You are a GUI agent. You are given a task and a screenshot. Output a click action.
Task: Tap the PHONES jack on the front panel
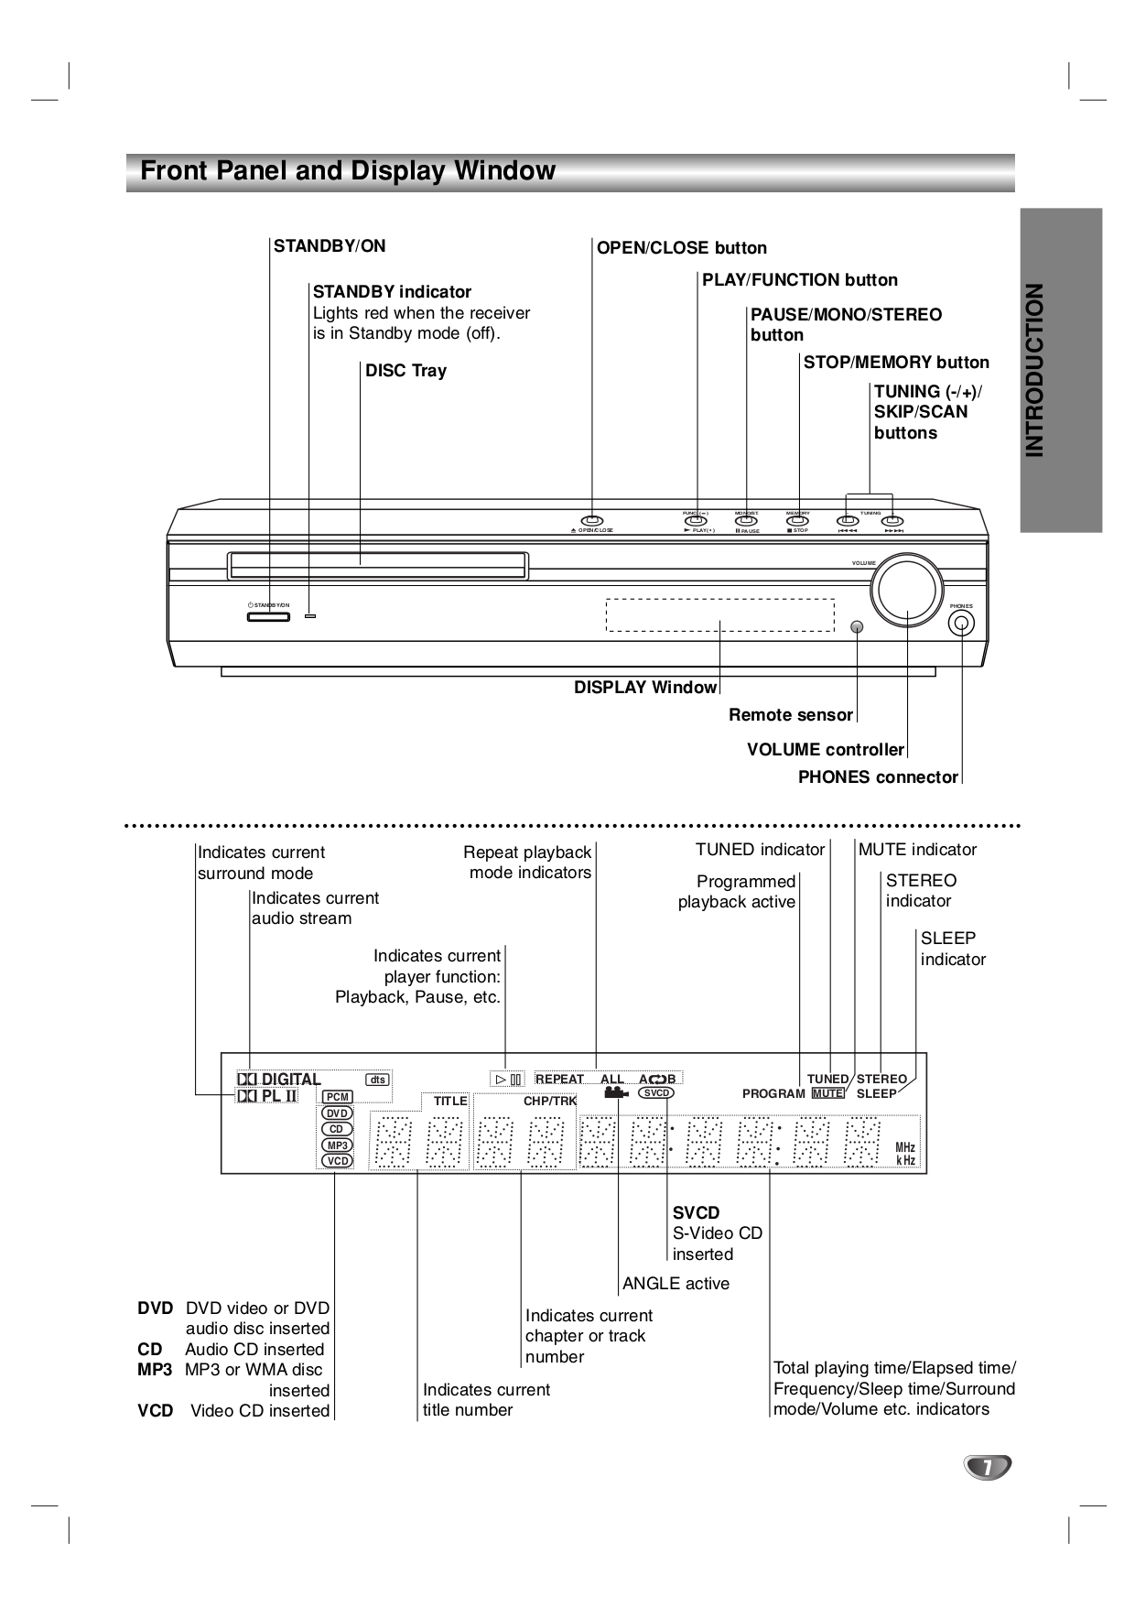961,624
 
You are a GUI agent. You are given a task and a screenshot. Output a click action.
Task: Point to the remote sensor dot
857,627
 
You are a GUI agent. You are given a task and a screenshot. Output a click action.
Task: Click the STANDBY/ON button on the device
268,617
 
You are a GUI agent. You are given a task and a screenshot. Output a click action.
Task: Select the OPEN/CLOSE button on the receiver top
592,521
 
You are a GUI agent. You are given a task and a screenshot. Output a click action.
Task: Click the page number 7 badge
987,1467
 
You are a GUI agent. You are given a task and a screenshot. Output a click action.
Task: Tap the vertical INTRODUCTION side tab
1061,370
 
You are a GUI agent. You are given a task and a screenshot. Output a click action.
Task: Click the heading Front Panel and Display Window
348,171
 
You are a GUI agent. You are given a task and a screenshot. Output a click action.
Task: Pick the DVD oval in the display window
337,1113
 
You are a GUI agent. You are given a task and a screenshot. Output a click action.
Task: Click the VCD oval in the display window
337,1161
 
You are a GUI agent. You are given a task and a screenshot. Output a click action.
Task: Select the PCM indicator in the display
338,1097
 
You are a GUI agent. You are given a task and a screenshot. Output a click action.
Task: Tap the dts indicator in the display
377,1080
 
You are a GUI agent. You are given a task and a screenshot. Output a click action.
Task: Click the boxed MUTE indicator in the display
828,1093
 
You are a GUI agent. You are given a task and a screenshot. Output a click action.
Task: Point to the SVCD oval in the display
655,1093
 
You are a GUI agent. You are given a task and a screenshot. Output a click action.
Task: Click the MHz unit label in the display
904,1147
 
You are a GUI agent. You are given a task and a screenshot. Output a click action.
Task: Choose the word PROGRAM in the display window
773,1093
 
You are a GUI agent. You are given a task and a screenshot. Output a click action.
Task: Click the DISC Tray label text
405,371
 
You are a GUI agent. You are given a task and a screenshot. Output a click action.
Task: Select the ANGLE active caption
676,1284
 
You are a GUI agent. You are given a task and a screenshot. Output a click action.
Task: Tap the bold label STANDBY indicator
392,292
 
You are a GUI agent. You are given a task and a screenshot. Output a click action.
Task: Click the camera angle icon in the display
614,1092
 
